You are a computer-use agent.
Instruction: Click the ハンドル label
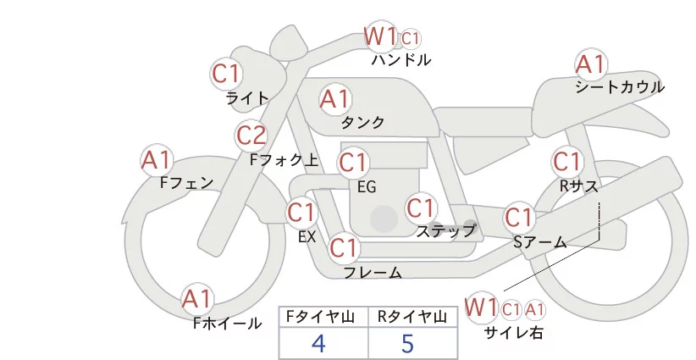coord(401,60)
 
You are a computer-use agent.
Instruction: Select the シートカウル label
coord(619,87)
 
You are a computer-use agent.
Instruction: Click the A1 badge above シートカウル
coord(590,64)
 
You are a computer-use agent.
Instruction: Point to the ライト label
coord(247,97)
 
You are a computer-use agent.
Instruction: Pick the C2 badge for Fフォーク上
coord(251,135)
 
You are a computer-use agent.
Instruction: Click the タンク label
coord(362,122)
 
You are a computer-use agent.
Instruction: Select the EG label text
coord(367,186)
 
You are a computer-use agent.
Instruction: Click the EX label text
coord(307,237)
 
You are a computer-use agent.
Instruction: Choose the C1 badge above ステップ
coord(421,208)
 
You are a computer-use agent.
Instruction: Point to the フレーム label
coord(373,273)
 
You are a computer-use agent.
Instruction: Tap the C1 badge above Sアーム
coord(519,217)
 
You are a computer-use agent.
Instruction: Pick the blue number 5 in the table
coord(407,344)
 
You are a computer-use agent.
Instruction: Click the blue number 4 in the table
coord(318,344)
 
